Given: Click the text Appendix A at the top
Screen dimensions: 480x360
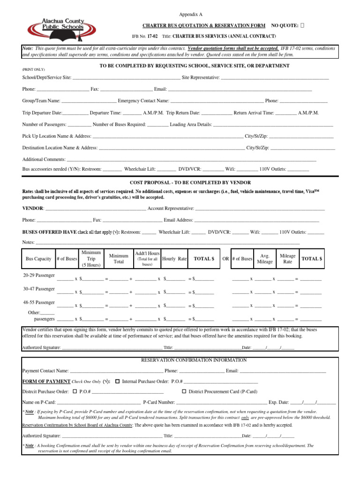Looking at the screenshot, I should click(x=192, y=15).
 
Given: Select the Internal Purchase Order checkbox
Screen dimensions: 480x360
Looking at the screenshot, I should click(x=118, y=381).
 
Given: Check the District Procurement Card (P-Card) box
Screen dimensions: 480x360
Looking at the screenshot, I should click(x=184, y=391).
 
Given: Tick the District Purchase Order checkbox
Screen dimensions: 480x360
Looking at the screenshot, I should click(x=75, y=391).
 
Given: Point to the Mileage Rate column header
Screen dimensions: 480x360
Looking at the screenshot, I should click(x=287, y=259).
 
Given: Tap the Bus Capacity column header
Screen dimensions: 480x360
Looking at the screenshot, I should click(x=38, y=259).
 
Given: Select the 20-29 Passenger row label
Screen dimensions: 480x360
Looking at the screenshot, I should click(x=39, y=275).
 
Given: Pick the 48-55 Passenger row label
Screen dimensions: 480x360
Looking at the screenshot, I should click(x=39, y=302).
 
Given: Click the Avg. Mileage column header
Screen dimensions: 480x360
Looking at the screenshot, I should click(x=265, y=259).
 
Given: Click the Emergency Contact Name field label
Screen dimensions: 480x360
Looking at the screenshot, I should click(x=143, y=101).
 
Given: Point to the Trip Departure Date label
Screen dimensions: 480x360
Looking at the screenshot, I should click(x=42, y=113).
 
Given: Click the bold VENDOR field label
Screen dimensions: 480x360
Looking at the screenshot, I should click(x=33, y=208).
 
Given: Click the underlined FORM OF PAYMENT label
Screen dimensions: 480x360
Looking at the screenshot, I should click(x=46, y=382).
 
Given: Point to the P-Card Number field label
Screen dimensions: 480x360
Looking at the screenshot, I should click(x=158, y=402).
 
